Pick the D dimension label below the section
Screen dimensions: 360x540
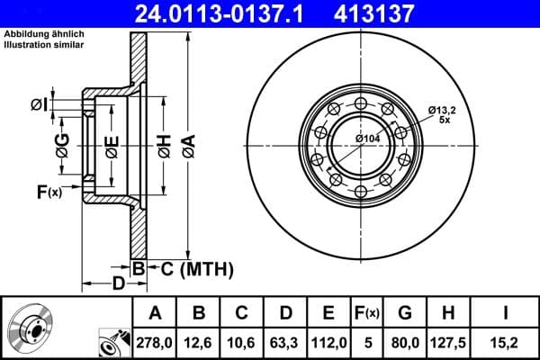(x=118, y=284)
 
